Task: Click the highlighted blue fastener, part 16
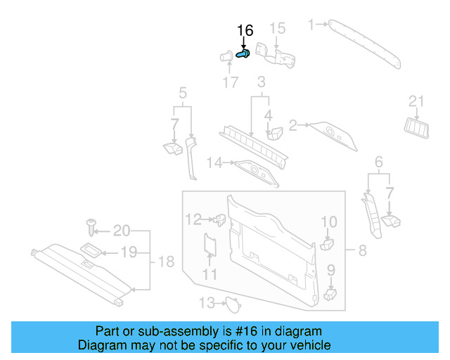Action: (x=244, y=54)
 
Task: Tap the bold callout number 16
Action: (x=244, y=30)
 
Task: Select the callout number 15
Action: (x=278, y=28)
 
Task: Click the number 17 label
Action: (x=231, y=83)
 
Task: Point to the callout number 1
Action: (x=311, y=25)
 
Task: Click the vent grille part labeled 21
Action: (x=416, y=127)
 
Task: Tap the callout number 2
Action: (x=293, y=125)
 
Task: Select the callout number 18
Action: (x=165, y=262)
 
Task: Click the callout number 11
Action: (x=210, y=274)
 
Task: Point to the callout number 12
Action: (x=193, y=219)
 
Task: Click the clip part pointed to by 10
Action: (x=326, y=243)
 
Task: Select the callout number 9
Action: (x=330, y=269)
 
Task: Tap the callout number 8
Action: (x=362, y=250)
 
